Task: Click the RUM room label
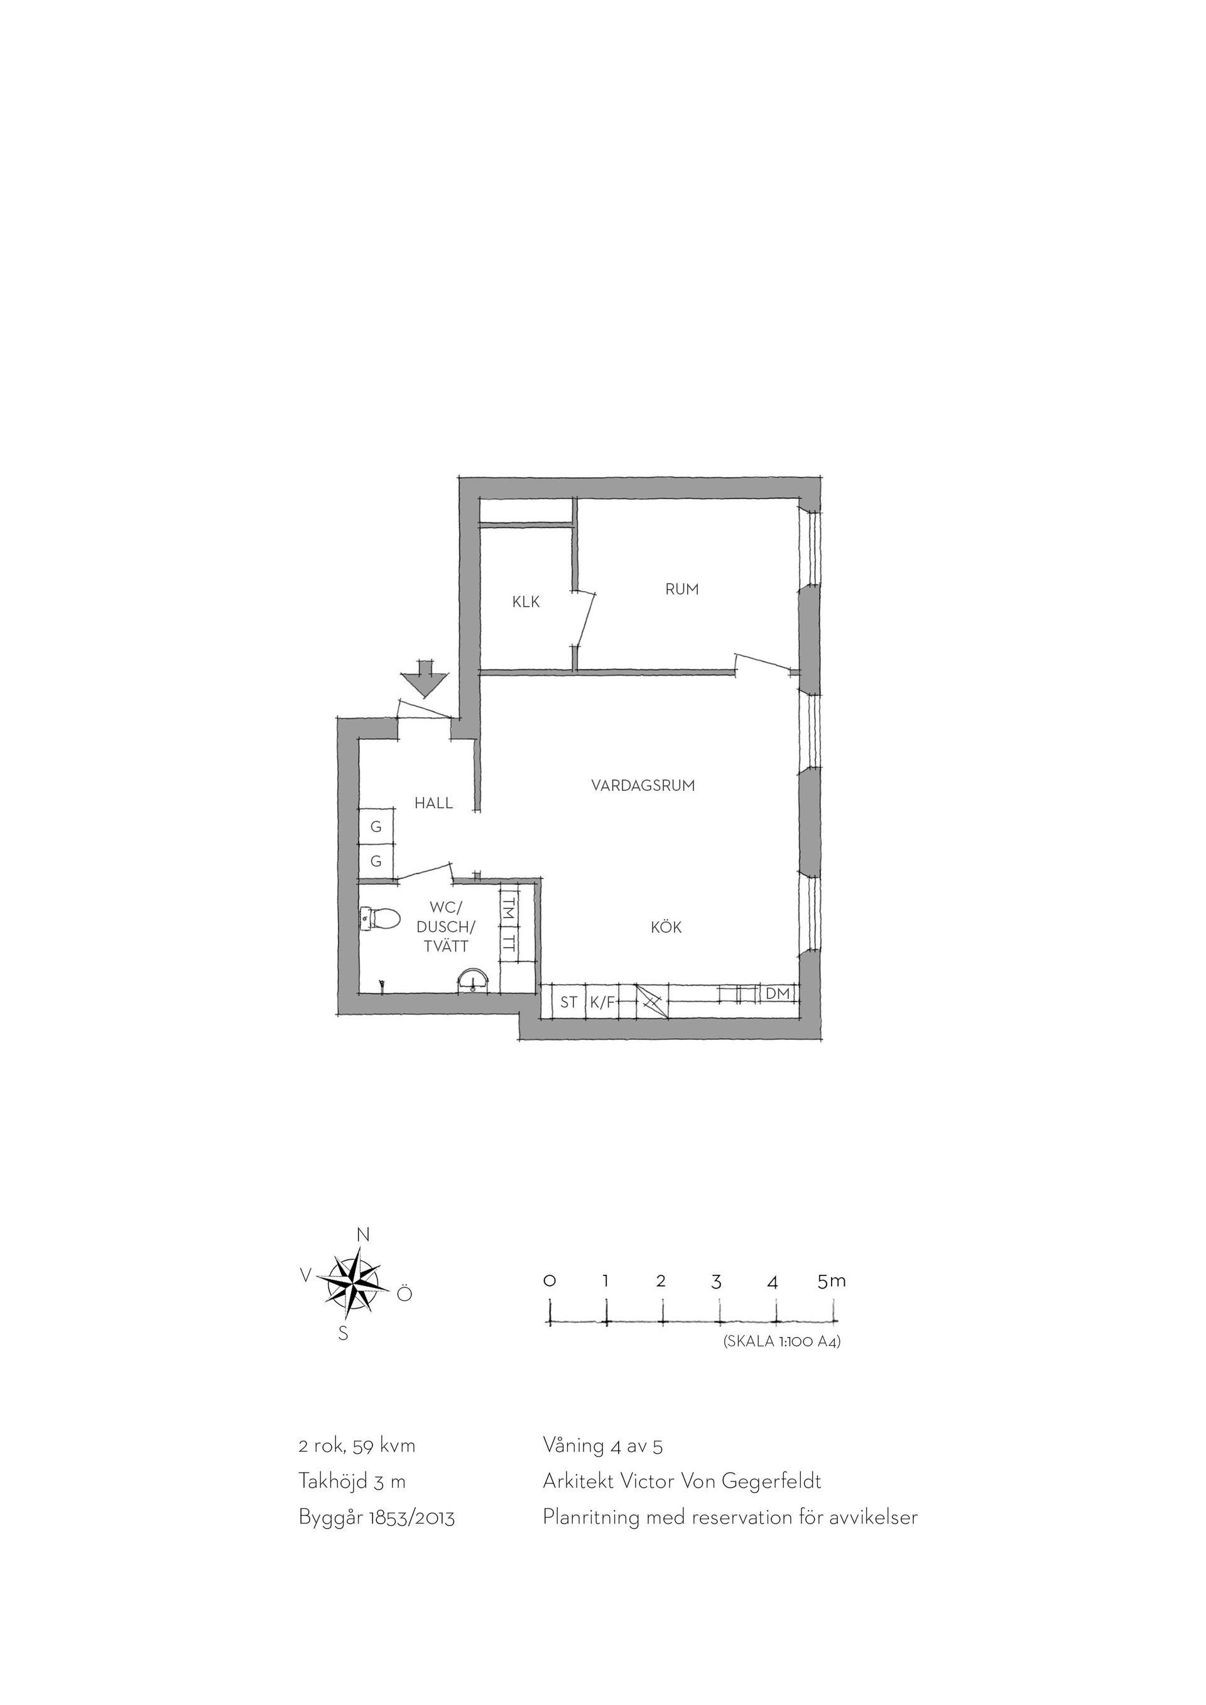pyautogui.click(x=682, y=590)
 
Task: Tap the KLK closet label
pyautogui.click(x=526, y=602)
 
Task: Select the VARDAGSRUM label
pyautogui.click(x=643, y=786)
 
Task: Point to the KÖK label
pyautogui.click(x=666, y=927)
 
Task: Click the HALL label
pyautogui.click(x=433, y=803)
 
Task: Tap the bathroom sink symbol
pyautogui.click(x=472, y=981)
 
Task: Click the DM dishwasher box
pyautogui.click(x=778, y=993)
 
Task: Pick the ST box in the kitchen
pyautogui.click(x=569, y=1002)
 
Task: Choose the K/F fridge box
pyautogui.click(x=602, y=1002)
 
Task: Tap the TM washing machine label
pyautogui.click(x=509, y=909)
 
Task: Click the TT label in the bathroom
pyautogui.click(x=509, y=945)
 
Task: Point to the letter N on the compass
pyautogui.click(x=363, y=1235)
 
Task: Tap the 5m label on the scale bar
pyautogui.click(x=832, y=1281)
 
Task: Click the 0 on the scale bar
pyautogui.click(x=550, y=1281)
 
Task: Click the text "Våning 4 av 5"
pyautogui.click(x=603, y=1446)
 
